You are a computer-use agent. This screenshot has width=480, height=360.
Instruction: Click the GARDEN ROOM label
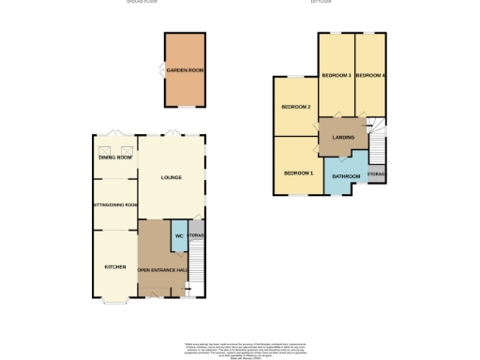tap(184, 70)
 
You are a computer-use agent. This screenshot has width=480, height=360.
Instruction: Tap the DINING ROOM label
tap(115, 157)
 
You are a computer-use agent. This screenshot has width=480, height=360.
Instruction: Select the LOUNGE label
tap(171, 176)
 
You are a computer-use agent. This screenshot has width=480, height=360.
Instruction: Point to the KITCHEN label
tap(114, 266)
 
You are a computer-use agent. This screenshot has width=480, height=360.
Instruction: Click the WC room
tap(177, 236)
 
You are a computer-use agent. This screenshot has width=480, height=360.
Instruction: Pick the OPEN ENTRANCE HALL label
tap(164, 271)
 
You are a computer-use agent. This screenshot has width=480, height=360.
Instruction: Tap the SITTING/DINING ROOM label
tap(115, 205)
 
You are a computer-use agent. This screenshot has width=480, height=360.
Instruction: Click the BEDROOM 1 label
tap(297, 173)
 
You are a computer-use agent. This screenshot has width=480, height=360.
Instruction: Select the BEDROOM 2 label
tap(296, 106)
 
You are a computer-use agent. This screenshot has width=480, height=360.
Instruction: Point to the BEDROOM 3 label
tap(336, 75)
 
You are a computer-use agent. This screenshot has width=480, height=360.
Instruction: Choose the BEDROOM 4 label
tap(370, 75)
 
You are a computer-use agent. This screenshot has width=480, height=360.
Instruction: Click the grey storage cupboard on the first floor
tap(376, 172)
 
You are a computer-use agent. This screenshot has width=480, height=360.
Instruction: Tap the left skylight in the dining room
tap(103, 150)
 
